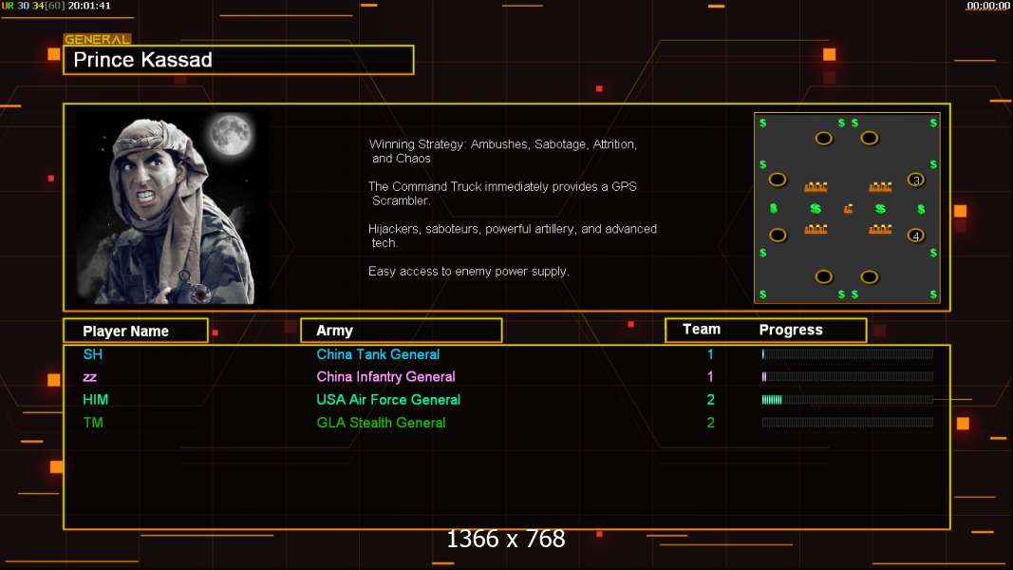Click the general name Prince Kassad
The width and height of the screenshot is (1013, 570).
(x=142, y=60)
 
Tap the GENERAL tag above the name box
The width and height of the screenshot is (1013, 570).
(x=97, y=39)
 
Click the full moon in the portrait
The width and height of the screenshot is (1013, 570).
(x=231, y=134)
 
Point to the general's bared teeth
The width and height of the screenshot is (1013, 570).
(x=145, y=195)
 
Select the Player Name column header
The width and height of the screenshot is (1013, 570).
(x=126, y=331)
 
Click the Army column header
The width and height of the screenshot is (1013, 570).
(x=334, y=331)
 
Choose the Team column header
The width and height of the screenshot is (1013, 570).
(x=702, y=330)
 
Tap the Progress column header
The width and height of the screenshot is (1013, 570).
(x=791, y=331)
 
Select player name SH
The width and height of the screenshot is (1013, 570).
(x=92, y=354)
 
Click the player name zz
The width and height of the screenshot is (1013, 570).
(x=90, y=377)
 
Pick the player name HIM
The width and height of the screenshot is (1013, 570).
(x=96, y=400)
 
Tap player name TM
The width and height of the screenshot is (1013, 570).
(x=93, y=423)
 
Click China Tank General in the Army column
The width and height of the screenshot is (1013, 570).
(x=378, y=354)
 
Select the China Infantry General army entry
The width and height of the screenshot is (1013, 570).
(x=385, y=377)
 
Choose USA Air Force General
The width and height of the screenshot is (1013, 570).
(x=388, y=400)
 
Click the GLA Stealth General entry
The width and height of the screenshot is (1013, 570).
(x=381, y=423)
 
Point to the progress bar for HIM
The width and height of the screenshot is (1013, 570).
(x=848, y=400)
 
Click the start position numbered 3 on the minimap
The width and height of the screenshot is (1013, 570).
(x=915, y=180)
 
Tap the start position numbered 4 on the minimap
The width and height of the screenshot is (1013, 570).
(x=915, y=236)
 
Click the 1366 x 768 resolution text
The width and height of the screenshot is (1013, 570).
(x=506, y=539)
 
